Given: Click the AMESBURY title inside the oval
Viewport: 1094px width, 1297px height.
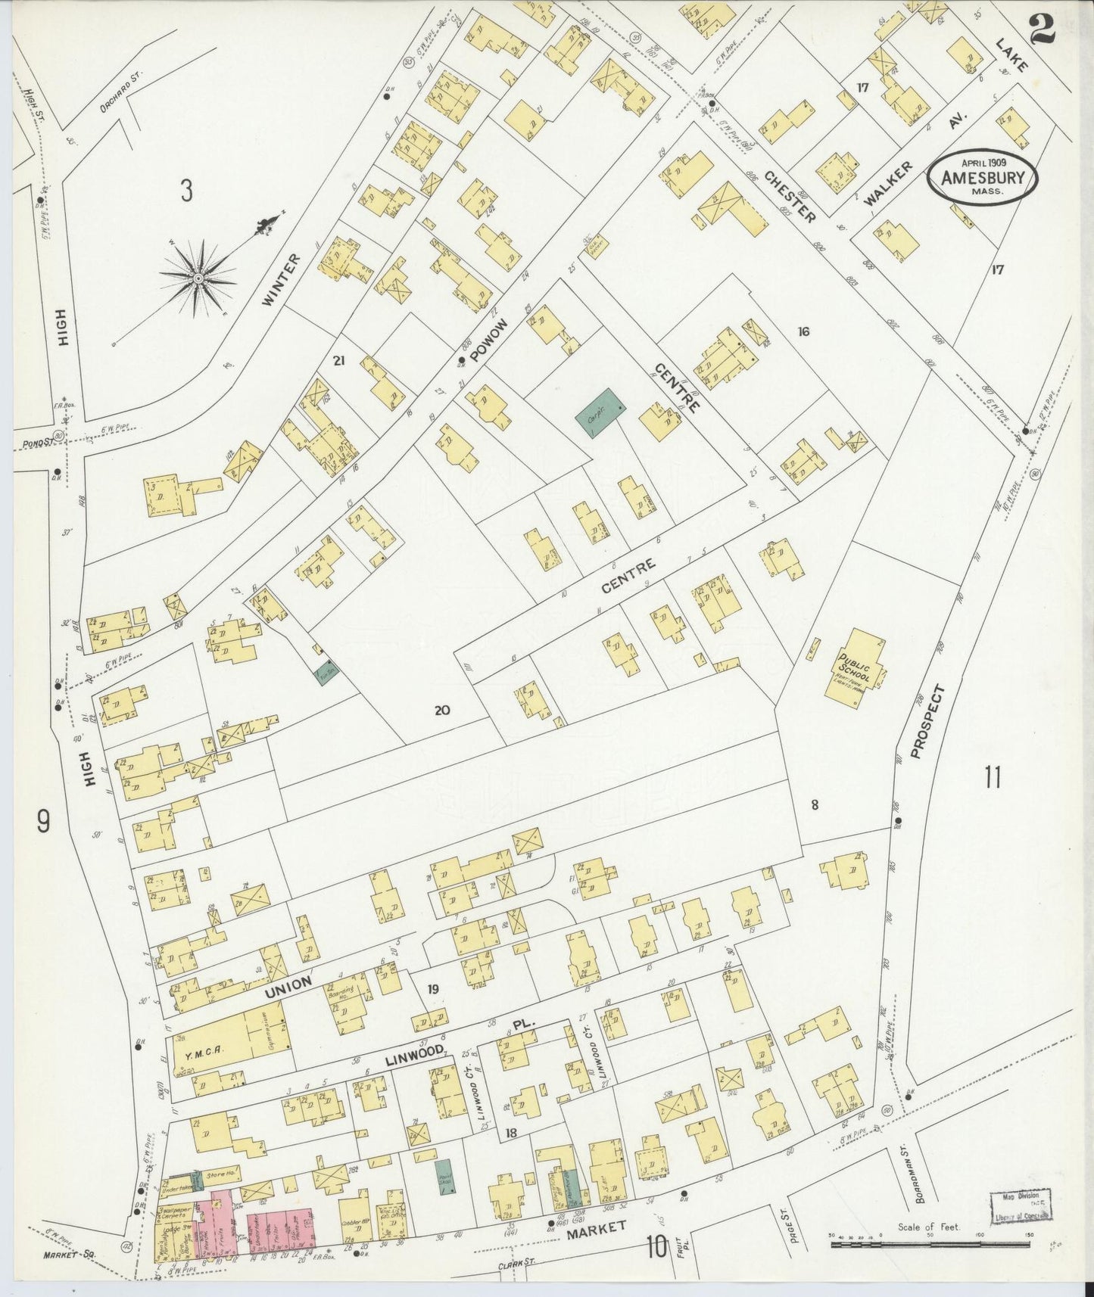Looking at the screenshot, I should tap(983, 178).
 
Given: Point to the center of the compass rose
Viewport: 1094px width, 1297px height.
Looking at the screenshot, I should tap(198, 278).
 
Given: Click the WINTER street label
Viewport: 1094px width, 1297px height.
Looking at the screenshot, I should tap(281, 279).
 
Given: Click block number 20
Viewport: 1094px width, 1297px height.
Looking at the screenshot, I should tap(442, 710).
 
